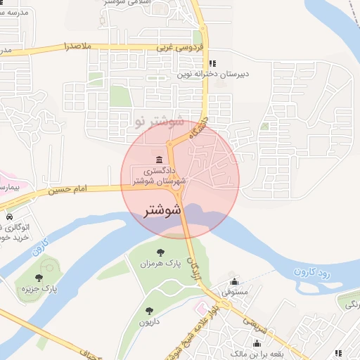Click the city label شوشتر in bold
pyautogui.click(x=162, y=210)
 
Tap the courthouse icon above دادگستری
pyautogui.click(x=161, y=158)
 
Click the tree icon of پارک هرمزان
pyautogui.click(x=162, y=252)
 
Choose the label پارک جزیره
pyautogui.click(x=39, y=288)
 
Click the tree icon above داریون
pyautogui.click(x=148, y=311)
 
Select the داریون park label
pyautogui.click(x=149, y=322)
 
